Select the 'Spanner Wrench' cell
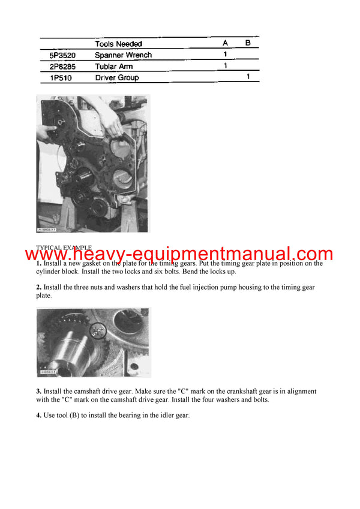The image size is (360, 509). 123,55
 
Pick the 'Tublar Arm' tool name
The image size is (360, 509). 113,67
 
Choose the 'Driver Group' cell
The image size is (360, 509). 116,78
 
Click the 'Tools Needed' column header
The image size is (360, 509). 119,44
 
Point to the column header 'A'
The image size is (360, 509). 225,44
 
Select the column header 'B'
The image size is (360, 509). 248,44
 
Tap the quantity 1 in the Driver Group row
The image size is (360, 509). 248,77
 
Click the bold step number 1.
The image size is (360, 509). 38,264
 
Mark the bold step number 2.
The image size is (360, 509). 38,288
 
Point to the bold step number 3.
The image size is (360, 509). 38,391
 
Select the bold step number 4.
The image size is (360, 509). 38,415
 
